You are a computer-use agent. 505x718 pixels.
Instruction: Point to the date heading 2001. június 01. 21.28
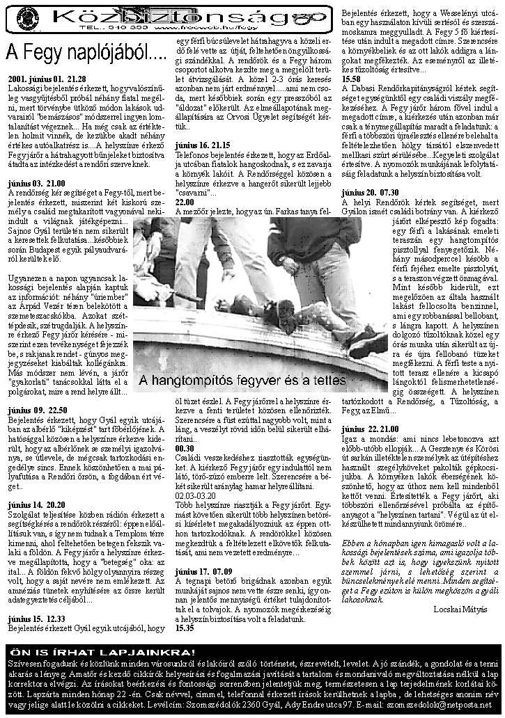tap(47, 79)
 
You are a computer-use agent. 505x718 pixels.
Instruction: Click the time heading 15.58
tap(351, 79)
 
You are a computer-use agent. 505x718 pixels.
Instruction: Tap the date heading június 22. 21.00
tap(371, 429)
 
